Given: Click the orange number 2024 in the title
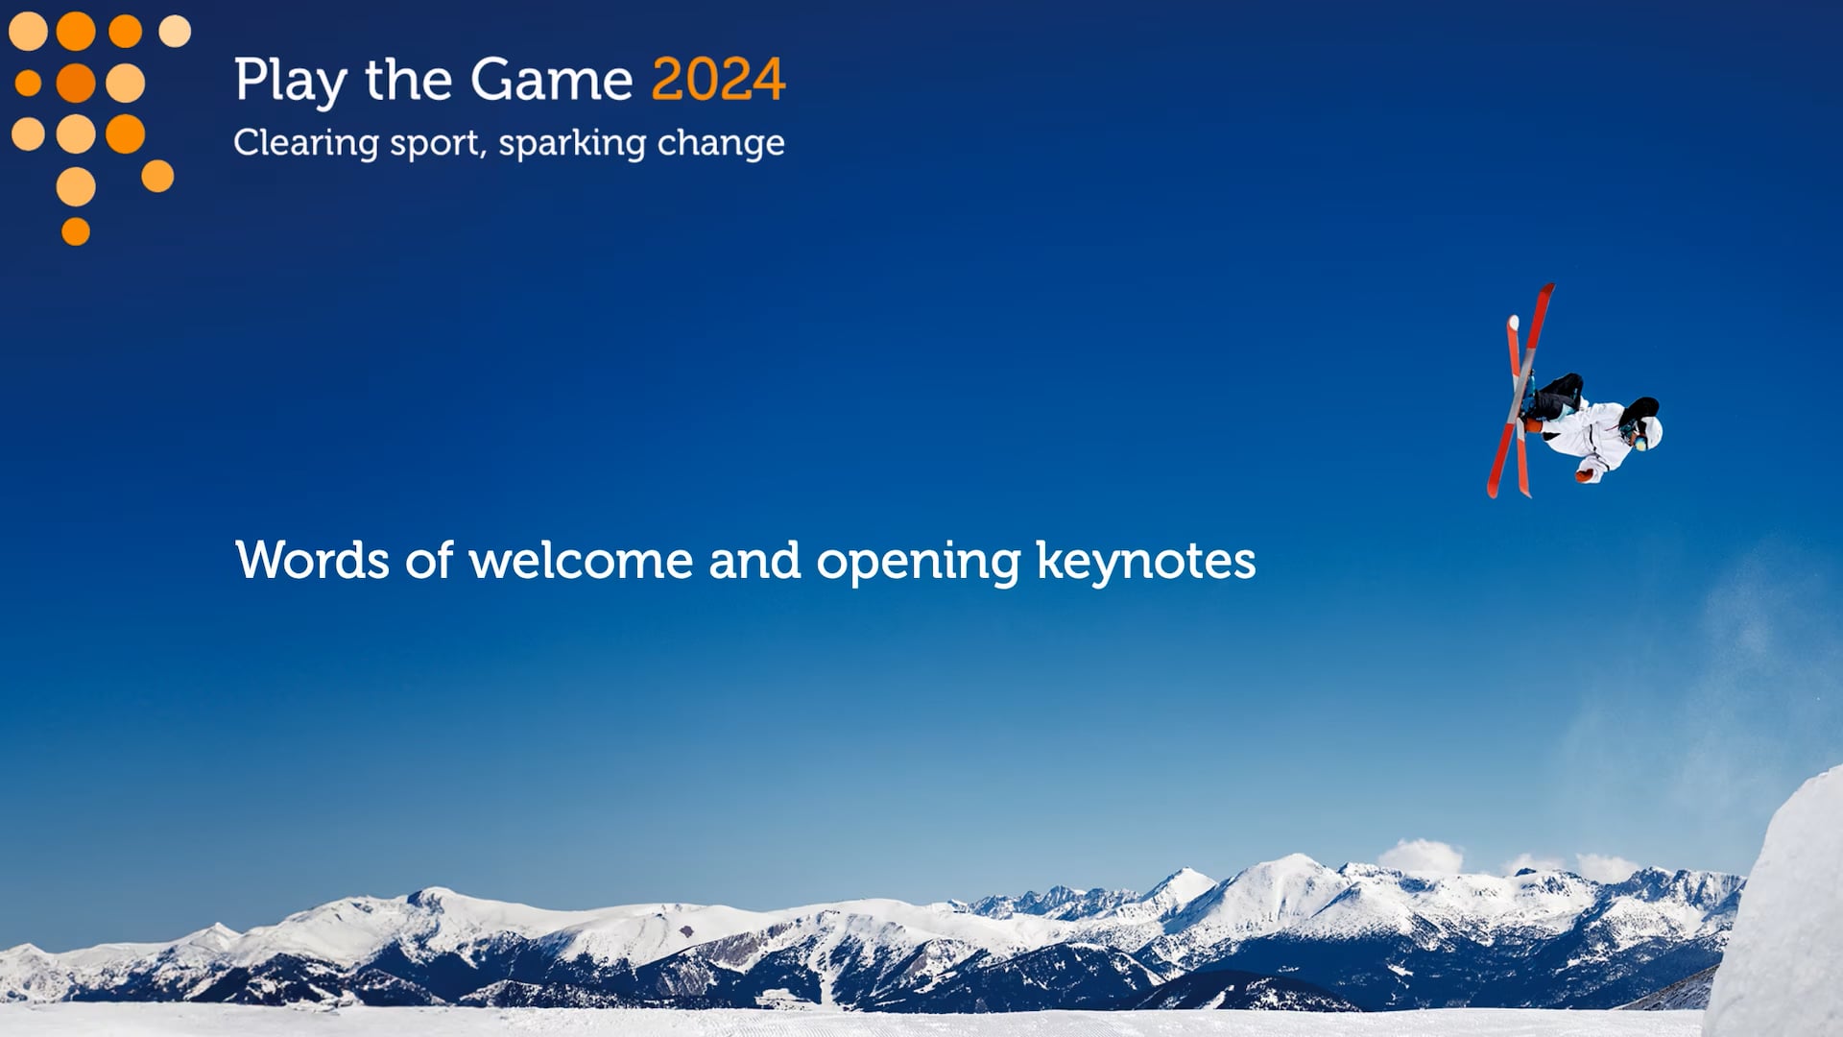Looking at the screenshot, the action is point(718,79).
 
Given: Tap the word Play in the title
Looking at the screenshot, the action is point(290,82).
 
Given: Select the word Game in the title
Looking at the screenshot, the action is point(551,79).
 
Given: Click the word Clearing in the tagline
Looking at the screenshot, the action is point(306,144).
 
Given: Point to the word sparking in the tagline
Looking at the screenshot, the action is point(572,144).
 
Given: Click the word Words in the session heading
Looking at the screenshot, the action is point(312,560).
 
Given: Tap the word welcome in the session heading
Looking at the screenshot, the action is point(581,560).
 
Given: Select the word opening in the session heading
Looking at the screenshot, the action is point(918,563).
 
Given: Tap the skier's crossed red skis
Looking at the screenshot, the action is point(1520,391).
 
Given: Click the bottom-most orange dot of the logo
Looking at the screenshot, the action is point(76,231).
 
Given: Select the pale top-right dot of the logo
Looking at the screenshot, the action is point(175,31).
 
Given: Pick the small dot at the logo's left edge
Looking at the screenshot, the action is point(28,84).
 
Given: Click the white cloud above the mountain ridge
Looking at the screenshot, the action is point(1421,856).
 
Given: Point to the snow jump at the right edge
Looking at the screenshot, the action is point(1781,912).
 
